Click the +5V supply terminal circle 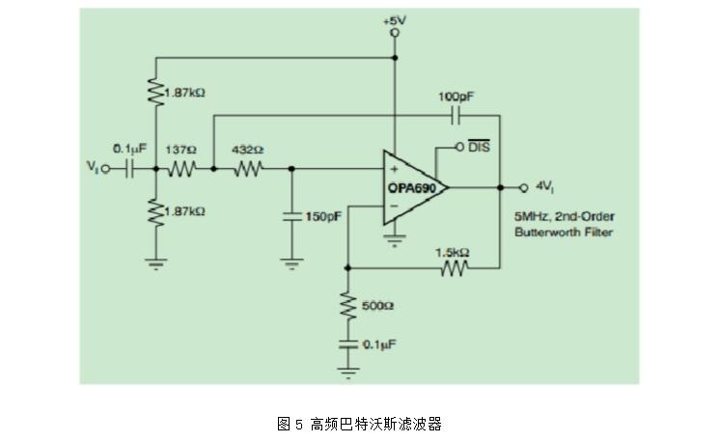pos(395,33)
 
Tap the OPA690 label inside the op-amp pos(412,188)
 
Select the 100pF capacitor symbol pos(456,116)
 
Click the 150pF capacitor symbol pos(291,216)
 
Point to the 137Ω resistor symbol pos(182,169)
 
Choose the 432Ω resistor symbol pos(248,169)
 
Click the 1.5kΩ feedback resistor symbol pos(455,267)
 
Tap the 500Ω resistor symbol pos(348,306)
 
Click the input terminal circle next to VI pos(105,169)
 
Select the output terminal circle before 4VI pos(524,187)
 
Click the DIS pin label pos(479,147)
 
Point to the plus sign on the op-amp pos(394,169)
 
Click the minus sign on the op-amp pos(394,207)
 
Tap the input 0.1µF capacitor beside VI pos(129,169)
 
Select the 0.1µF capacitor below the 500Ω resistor pos(348,345)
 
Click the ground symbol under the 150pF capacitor pos(291,263)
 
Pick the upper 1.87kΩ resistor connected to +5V pos(156,93)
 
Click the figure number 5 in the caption pos(299,424)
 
